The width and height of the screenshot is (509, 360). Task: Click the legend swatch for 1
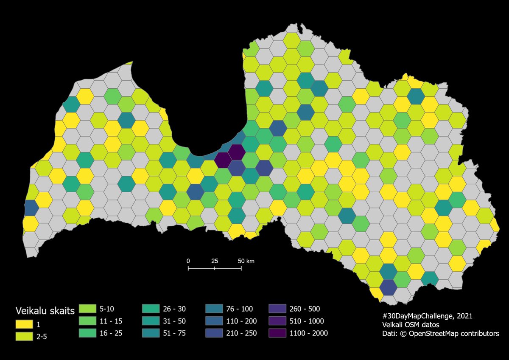click(x=24, y=324)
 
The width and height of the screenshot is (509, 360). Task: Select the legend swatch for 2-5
click(x=24, y=337)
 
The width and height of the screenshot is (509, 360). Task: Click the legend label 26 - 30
click(x=174, y=309)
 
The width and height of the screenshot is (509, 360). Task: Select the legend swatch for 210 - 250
click(x=214, y=333)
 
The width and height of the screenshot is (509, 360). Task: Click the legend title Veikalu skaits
click(x=45, y=310)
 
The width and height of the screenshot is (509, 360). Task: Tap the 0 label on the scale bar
click(x=188, y=261)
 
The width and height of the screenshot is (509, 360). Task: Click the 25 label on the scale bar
click(x=215, y=261)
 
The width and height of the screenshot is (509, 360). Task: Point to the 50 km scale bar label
click(x=246, y=261)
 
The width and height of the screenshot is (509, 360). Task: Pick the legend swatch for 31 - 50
click(x=151, y=321)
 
